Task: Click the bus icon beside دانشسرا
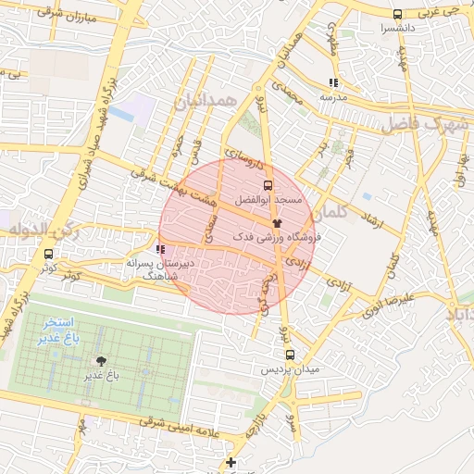coord(397,14)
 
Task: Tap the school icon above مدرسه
coord(333,82)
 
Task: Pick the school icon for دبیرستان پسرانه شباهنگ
coord(161,249)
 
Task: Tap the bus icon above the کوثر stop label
coord(48,255)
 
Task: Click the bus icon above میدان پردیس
coord(290,355)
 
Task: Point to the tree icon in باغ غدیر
coord(100,361)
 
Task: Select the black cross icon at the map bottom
coord(231,462)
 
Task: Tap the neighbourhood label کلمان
coord(331,214)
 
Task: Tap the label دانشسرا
coord(396,29)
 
